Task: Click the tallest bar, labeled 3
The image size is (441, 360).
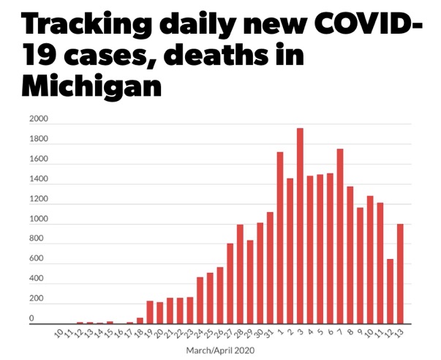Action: point(300,226)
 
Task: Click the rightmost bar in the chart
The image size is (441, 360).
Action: point(400,274)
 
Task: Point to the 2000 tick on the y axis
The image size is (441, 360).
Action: point(38,119)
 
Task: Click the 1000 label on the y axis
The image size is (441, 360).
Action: point(38,220)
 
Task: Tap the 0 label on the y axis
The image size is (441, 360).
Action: point(31,319)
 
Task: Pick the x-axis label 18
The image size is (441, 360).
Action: point(137,333)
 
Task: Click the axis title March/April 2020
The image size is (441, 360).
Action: point(220,350)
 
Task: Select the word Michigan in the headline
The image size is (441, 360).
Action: point(91,89)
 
